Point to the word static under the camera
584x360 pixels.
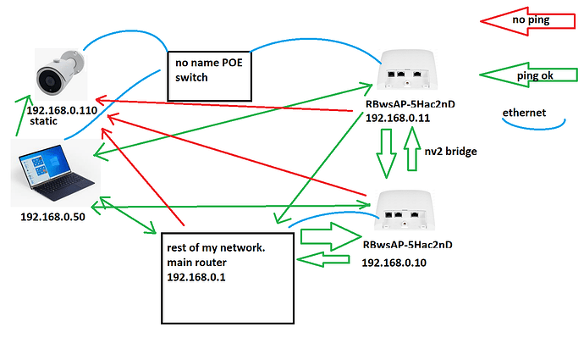tap(44, 123)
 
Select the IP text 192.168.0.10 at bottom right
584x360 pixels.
tap(395, 263)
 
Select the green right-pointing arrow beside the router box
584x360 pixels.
tap(327, 234)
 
